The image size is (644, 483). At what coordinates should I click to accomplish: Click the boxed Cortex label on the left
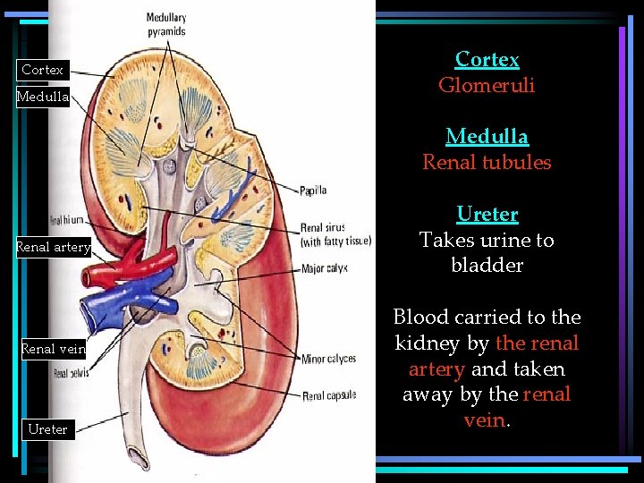42,70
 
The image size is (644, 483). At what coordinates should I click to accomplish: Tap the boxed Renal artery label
54,248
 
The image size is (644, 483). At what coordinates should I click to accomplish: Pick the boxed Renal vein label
53,350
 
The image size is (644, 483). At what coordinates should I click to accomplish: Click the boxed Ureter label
47,429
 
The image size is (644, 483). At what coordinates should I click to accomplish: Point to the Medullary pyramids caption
166,25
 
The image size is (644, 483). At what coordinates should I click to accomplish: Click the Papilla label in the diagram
314,190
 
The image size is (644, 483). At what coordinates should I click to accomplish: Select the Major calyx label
324,268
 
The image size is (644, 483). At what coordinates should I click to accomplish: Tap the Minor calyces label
328,360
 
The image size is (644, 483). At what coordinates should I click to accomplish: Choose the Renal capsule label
329,396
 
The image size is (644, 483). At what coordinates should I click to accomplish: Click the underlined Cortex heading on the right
487,59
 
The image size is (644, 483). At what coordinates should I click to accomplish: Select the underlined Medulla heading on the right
487,137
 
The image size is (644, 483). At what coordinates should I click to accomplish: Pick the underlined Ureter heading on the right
487,215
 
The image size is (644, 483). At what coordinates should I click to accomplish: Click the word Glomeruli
487,85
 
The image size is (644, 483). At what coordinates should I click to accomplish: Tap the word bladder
487,266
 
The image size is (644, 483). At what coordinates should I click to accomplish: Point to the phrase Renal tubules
487,163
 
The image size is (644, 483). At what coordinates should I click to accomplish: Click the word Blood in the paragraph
420,318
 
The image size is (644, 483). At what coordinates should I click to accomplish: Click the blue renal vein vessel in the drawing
116,304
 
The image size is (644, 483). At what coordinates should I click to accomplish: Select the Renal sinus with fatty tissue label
335,234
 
